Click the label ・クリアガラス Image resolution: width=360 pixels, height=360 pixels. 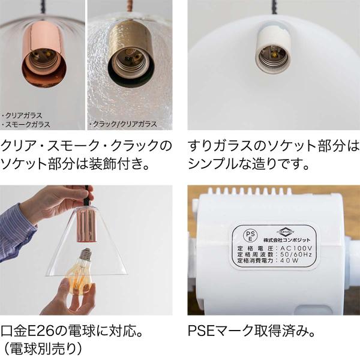click(22, 115)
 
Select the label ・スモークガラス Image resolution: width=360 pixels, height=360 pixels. click(26, 124)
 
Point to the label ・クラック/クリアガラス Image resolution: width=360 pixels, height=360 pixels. click(124, 124)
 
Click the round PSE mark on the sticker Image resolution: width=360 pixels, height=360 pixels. click(250, 236)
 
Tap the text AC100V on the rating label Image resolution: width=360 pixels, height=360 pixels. click(296, 248)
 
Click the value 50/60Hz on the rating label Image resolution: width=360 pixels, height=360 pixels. click(296, 254)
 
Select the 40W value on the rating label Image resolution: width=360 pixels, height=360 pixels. click(290, 260)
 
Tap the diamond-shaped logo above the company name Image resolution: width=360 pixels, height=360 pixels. click(286, 232)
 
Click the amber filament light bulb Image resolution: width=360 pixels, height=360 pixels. click(82, 271)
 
